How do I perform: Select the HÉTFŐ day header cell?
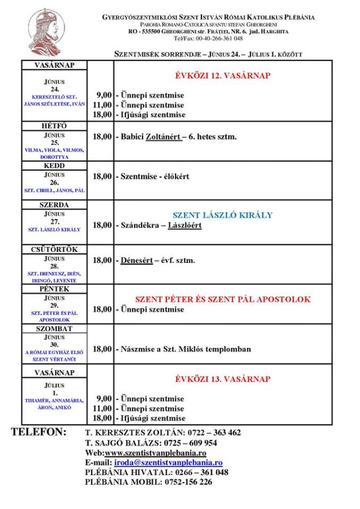click(54, 126)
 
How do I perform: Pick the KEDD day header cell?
click(54, 166)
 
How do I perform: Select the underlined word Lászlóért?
click(184, 225)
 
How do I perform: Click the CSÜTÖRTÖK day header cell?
click(54, 249)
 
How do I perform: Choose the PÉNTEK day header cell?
click(54, 289)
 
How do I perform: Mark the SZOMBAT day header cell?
click(54, 329)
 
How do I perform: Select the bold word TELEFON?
click(38, 432)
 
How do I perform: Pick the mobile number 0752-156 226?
click(188, 482)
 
